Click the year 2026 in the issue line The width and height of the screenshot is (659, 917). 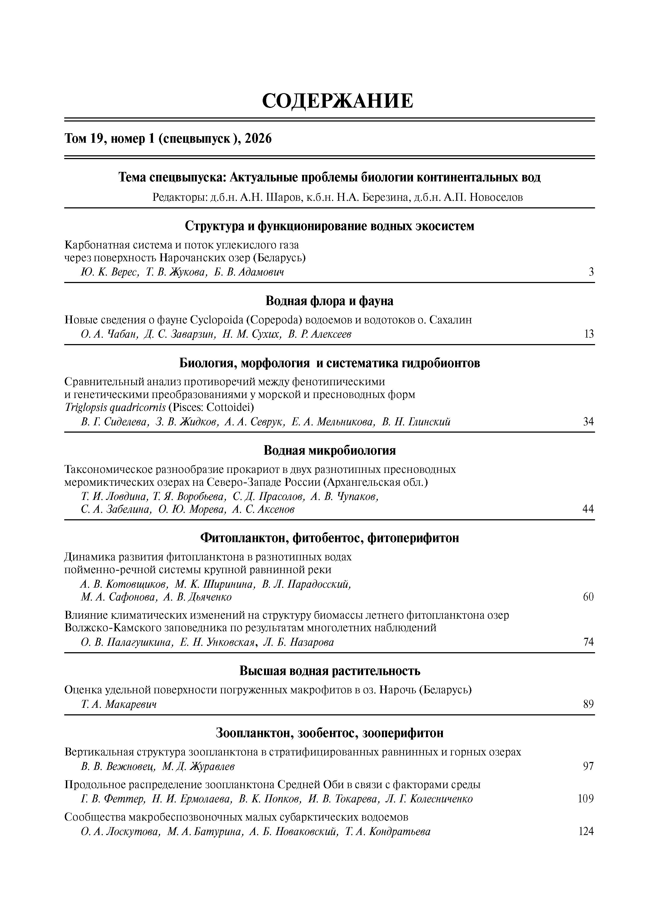coord(258,139)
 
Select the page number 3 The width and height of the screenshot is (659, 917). coord(591,272)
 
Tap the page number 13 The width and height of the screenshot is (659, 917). coord(589,334)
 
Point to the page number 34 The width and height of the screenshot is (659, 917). coord(588,422)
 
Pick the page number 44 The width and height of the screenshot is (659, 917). coord(588,509)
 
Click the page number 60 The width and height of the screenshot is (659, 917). coord(588,597)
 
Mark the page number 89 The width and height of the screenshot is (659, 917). coord(588,704)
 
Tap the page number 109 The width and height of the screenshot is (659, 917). coord(586,798)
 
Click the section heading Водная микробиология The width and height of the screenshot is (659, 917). coord(330,450)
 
